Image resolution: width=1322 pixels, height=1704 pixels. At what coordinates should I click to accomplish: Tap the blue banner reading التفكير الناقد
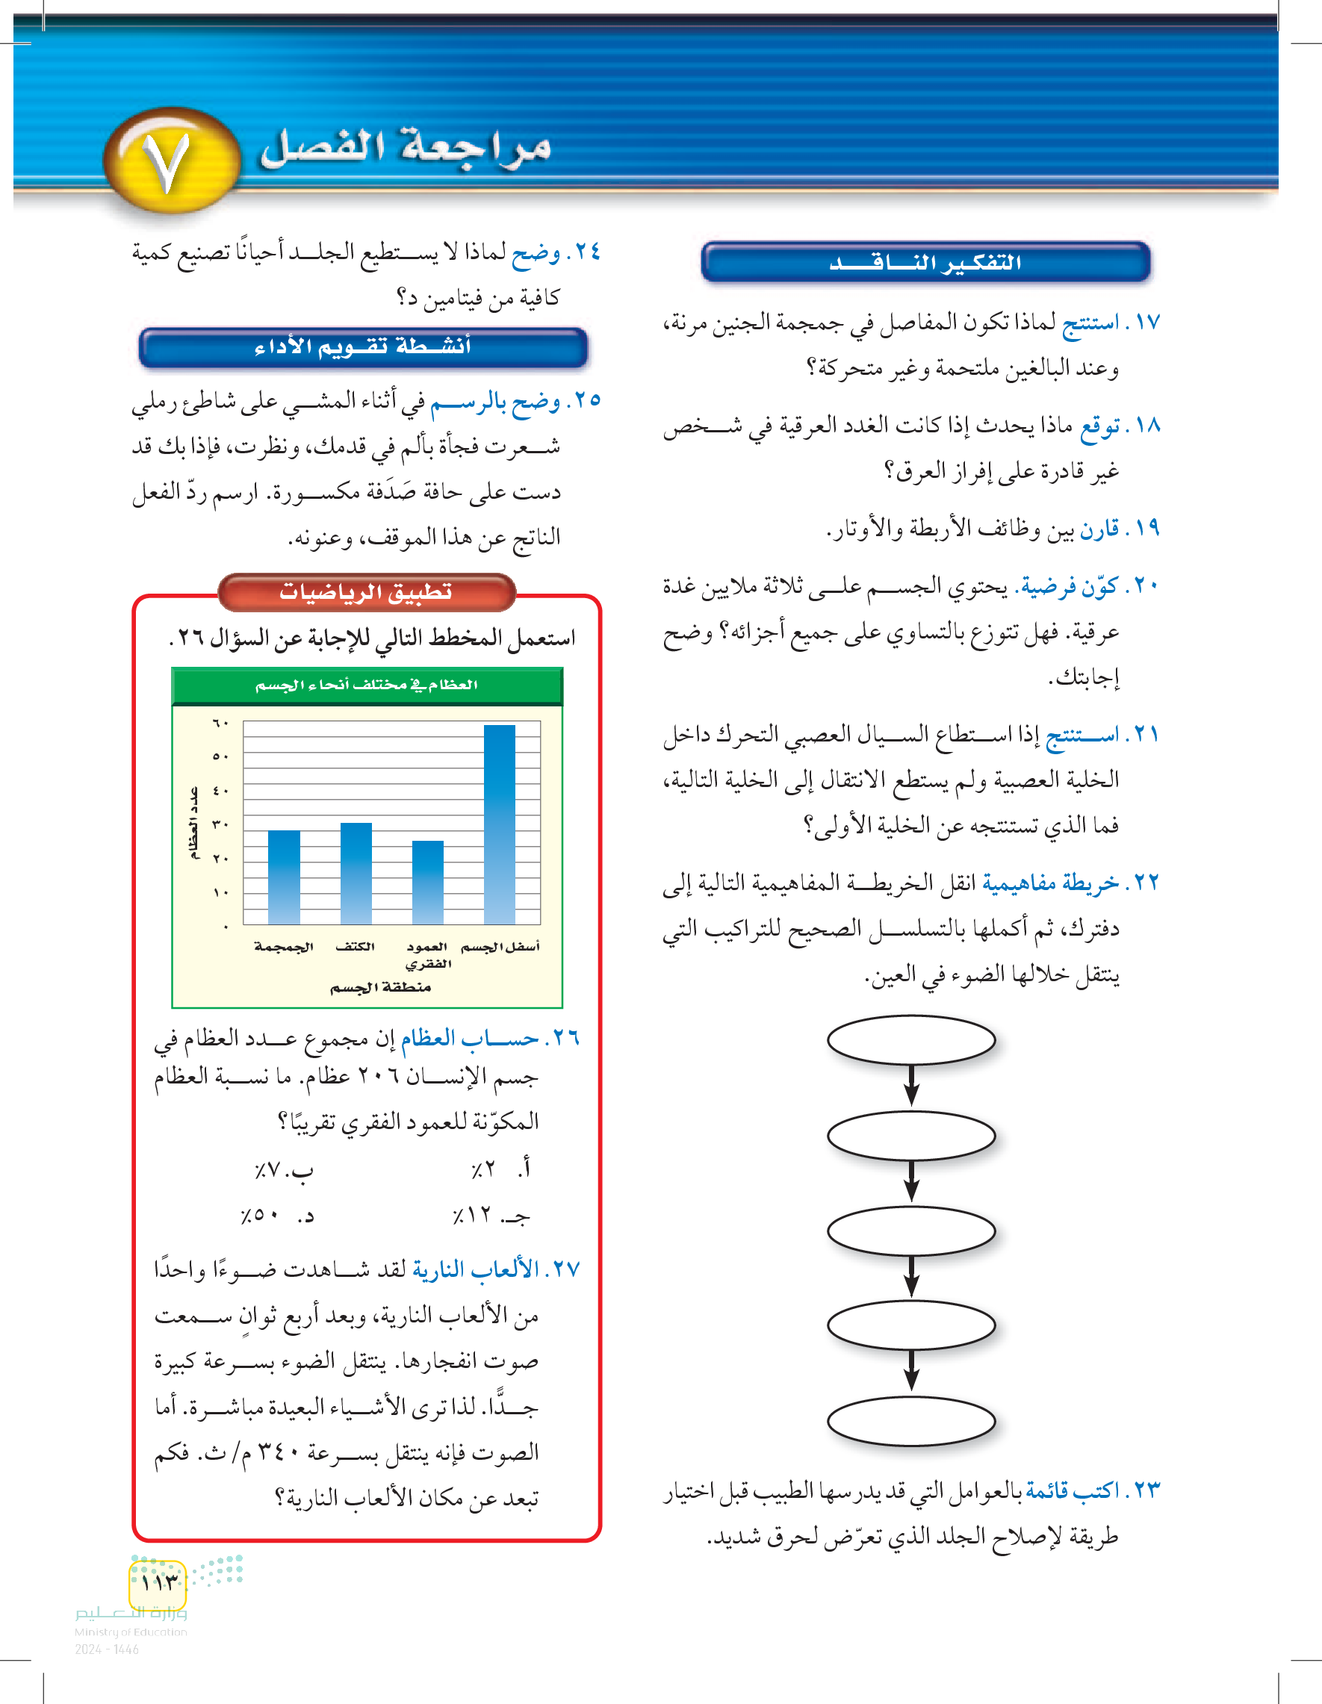coord(925,263)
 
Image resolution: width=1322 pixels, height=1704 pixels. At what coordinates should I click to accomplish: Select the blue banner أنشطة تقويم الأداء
coord(363,347)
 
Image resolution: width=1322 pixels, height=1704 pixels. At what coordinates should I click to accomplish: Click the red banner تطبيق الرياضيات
coord(366,592)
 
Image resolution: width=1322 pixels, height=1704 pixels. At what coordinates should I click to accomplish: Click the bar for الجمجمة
coord(284,877)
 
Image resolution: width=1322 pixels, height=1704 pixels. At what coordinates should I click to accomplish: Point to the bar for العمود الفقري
coord(428,882)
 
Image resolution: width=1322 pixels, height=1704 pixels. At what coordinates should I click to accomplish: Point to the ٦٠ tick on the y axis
coord(220,724)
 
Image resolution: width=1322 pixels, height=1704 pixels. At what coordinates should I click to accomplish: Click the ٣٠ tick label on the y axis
coord(220,824)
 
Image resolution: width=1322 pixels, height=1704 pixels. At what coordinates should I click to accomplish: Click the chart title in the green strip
coord(366,685)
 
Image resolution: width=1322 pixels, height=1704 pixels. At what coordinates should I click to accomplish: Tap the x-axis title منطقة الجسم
coord(380,987)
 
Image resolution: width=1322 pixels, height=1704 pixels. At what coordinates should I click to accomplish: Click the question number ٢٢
coord(1146,883)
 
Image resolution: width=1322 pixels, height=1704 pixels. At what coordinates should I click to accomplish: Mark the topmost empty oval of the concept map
coord(910,1040)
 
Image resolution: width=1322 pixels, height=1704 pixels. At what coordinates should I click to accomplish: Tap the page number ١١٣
coord(159,1582)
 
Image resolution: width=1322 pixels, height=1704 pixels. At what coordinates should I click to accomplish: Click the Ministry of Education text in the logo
coord(130,1632)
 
